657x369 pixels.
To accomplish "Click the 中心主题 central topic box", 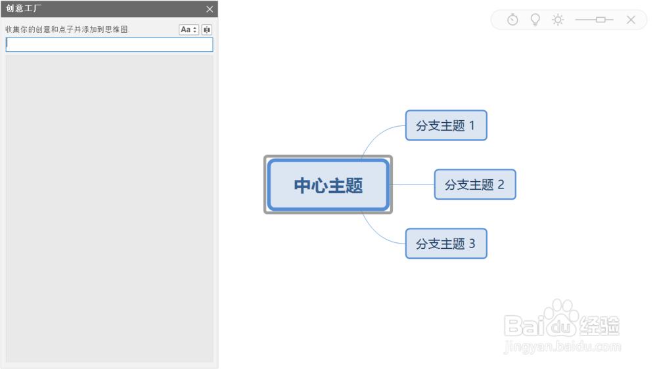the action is coord(328,185).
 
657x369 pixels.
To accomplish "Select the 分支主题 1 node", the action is coord(446,125).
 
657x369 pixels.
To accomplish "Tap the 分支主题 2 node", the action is coord(475,185).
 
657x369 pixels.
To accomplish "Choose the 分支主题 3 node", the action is coord(446,244).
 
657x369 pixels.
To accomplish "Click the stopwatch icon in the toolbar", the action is coord(512,20).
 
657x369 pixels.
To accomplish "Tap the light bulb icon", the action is coord(535,20).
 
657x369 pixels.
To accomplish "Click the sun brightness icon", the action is coord(558,20).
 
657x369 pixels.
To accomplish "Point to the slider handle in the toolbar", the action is coord(600,20).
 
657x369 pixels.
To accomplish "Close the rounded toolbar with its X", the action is coord(631,20).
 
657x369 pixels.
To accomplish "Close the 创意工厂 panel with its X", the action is coord(210,9).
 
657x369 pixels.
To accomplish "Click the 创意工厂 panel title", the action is coord(24,9).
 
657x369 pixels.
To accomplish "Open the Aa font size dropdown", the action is coord(189,30).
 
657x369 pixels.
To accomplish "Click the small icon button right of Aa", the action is coord(207,30).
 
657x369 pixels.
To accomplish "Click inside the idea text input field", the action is coord(109,45).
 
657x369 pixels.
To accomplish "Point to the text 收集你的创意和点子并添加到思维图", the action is coord(68,30).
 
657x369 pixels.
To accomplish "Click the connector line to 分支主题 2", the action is coord(413,185).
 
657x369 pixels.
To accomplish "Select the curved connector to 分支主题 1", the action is coord(381,133).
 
